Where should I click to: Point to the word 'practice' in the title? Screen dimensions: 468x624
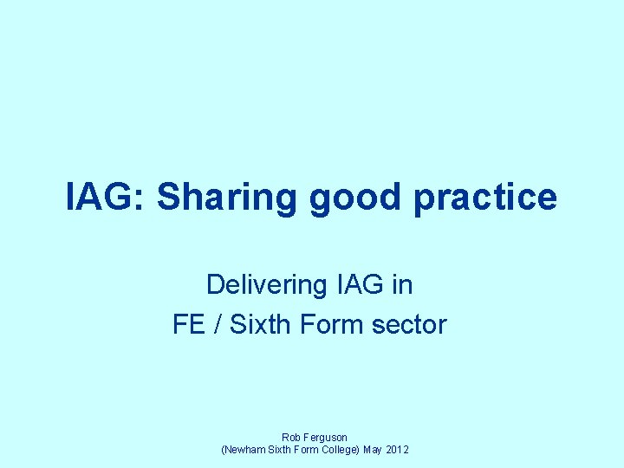pos(485,198)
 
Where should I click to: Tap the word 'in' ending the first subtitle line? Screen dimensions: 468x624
pos(402,284)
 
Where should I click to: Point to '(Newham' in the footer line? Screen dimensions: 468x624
pos(244,451)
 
